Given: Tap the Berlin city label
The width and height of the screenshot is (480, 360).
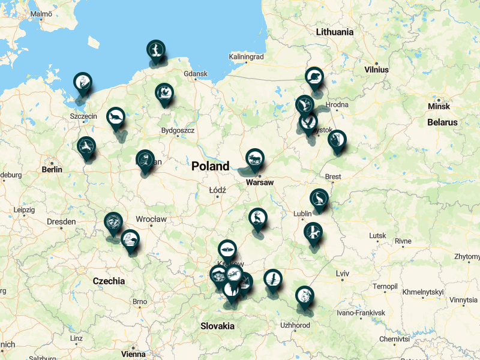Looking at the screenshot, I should coord(52,170).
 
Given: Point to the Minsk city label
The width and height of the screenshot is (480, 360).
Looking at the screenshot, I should coord(438,106).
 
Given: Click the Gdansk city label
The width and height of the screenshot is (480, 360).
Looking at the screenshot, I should coord(196,74).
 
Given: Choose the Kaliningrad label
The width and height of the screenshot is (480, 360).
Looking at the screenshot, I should coord(246,57).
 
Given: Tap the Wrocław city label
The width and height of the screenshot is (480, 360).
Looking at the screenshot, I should coord(151,220).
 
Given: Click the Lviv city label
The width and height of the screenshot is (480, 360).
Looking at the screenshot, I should coord(343,274).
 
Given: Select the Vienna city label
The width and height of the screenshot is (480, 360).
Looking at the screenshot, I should coord(133,354).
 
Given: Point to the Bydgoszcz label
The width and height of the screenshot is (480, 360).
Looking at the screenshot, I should coord(178,130).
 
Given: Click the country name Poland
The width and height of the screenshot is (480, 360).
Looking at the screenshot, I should coord(210,166).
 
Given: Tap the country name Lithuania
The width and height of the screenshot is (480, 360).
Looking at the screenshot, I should coord(335,32).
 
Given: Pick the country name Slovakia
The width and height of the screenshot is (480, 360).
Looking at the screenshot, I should coord(217,326).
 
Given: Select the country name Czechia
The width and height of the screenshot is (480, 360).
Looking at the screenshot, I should coord(109,281).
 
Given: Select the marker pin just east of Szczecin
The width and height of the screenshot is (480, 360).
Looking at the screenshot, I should coord(115,117).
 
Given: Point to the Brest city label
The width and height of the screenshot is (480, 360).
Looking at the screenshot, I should coord(332,177).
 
